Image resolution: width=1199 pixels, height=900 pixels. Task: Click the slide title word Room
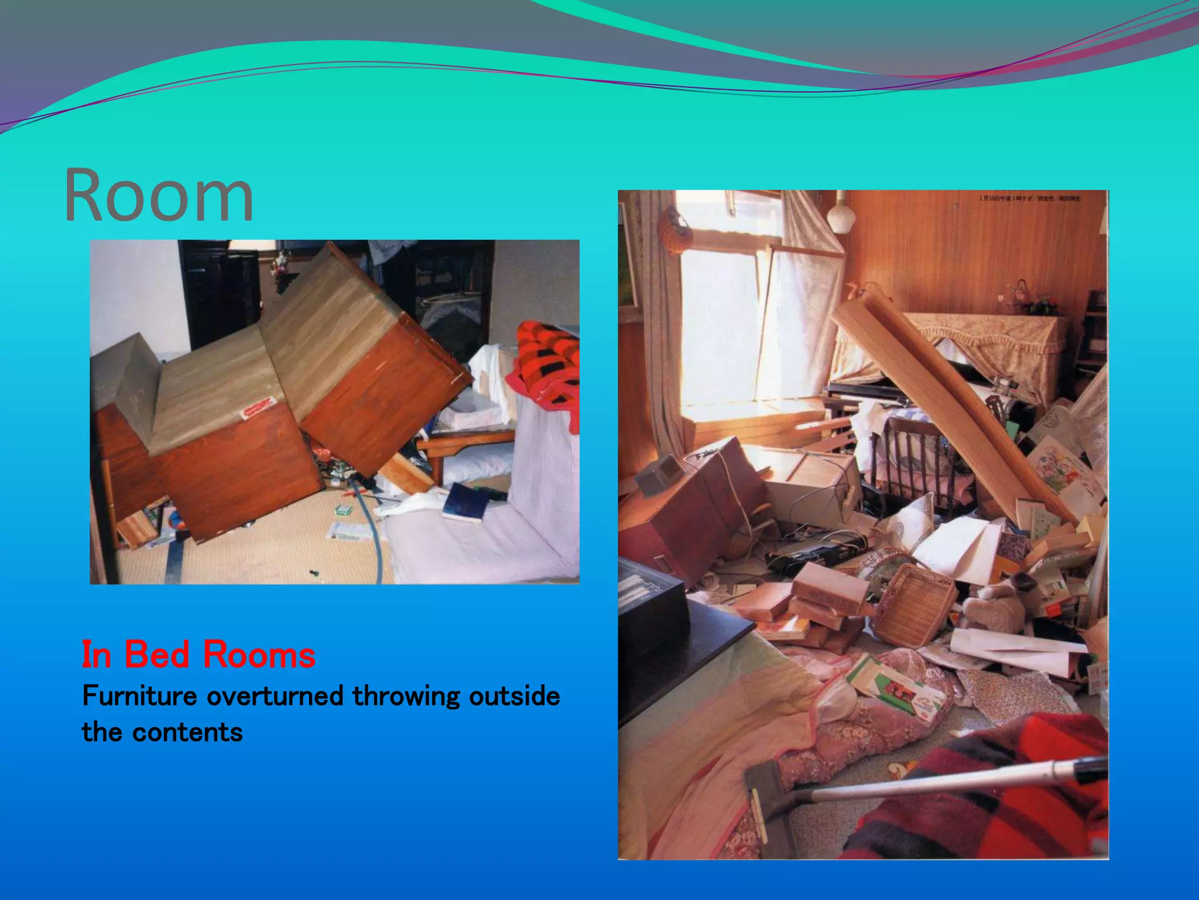pos(159,196)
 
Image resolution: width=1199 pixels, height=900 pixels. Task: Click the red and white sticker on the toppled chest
pos(258,407)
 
